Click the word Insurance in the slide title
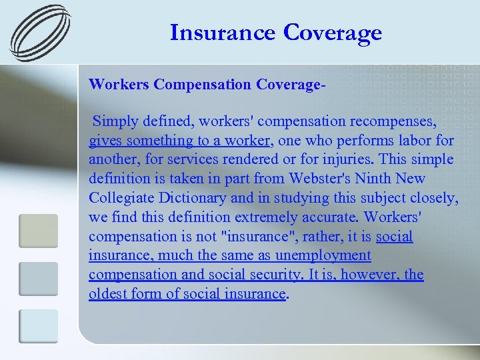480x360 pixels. point(223,33)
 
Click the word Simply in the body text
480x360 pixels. point(116,121)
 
